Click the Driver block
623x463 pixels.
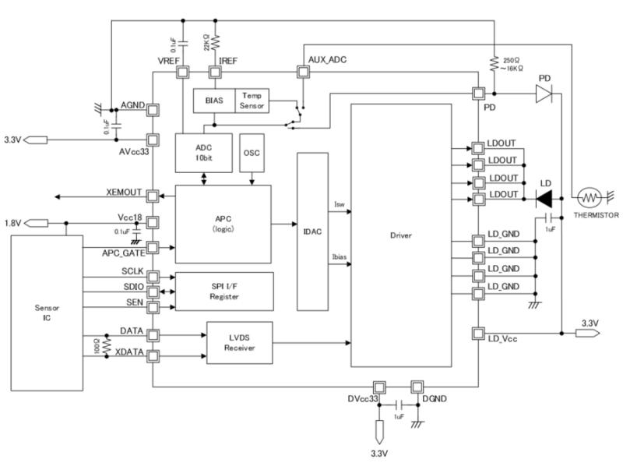pyautogui.click(x=401, y=235)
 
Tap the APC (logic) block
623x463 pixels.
pyautogui.click(x=223, y=224)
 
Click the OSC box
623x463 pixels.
pyautogui.click(x=251, y=153)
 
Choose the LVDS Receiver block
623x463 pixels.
pyautogui.click(x=241, y=342)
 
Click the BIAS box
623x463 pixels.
pyautogui.click(x=212, y=101)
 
